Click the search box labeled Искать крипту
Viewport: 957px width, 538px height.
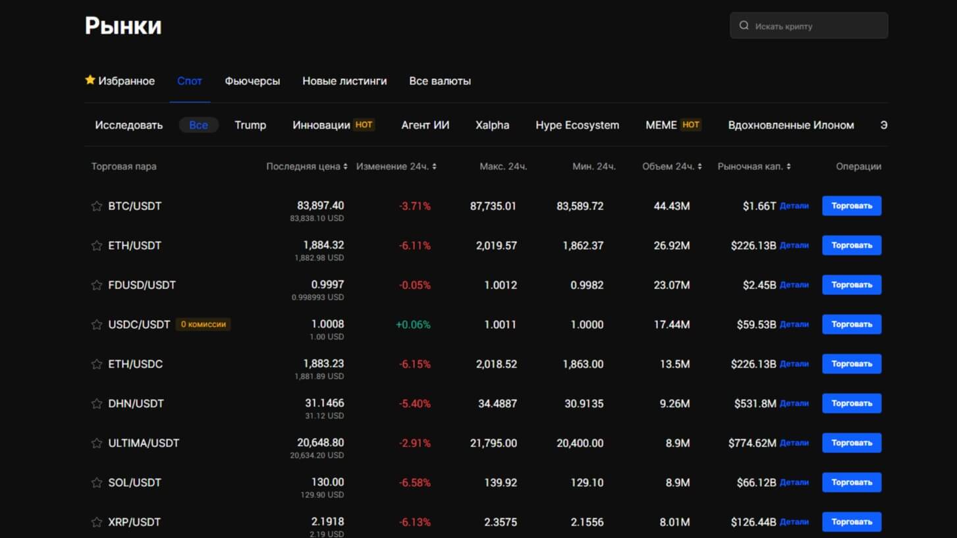pyautogui.click(x=809, y=26)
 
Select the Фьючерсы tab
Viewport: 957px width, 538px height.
pyautogui.click(x=252, y=81)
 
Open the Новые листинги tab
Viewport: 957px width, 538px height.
pyautogui.click(x=344, y=81)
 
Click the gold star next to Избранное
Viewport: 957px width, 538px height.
pyautogui.click(x=90, y=80)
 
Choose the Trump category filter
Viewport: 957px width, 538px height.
pyautogui.click(x=250, y=125)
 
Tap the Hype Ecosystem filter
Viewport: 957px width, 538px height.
pyautogui.click(x=577, y=125)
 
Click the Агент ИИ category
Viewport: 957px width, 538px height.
pyautogui.click(x=425, y=125)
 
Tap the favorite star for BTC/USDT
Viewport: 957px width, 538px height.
pyautogui.click(x=97, y=206)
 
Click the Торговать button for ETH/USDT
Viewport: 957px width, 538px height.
pyautogui.click(x=851, y=246)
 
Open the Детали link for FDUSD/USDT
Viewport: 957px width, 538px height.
pyautogui.click(x=794, y=285)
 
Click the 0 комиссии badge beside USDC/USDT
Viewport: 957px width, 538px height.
pyautogui.click(x=203, y=324)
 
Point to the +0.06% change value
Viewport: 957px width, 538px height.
pyautogui.click(x=413, y=325)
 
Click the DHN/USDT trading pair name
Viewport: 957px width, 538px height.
pyautogui.click(x=136, y=404)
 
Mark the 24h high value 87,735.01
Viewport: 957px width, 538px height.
pyautogui.click(x=493, y=206)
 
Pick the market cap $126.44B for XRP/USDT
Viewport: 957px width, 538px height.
pyautogui.click(x=753, y=522)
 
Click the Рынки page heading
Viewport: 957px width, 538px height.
pyautogui.click(x=123, y=26)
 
